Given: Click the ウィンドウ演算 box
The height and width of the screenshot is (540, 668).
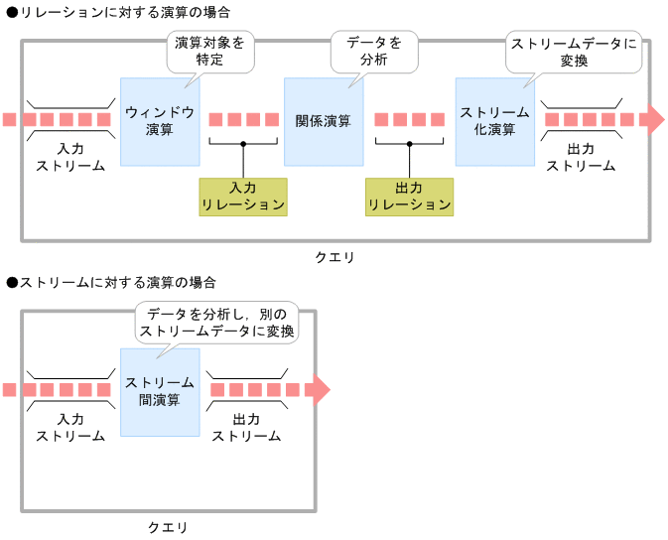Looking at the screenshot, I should click(159, 121).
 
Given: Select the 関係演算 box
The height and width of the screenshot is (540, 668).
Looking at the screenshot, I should click(323, 121).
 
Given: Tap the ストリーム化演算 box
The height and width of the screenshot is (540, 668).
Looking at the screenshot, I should click(494, 121).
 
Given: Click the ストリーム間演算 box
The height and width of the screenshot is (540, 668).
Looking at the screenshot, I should click(159, 391).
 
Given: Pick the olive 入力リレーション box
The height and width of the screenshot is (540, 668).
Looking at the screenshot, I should click(242, 197).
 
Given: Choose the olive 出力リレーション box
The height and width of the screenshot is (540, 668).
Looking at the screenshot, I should click(409, 197).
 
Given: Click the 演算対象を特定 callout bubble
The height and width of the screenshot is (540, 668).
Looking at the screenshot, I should click(209, 52).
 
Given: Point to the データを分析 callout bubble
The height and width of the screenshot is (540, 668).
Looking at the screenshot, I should click(373, 52).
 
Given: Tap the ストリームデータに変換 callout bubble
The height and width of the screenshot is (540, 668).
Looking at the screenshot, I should click(573, 52).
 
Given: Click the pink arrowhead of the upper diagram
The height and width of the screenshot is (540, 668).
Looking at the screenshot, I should click(652, 119).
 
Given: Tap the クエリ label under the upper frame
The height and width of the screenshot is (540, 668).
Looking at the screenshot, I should click(334, 257).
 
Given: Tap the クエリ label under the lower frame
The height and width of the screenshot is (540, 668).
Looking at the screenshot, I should click(168, 527).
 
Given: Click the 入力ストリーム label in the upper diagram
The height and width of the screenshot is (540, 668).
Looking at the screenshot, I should click(70, 157).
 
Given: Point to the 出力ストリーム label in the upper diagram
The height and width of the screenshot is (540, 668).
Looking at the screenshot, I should click(581, 157).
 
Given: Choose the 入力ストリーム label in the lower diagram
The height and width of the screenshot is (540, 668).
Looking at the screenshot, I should click(70, 427).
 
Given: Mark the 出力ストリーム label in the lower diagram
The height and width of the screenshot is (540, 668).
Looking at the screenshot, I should click(246, 427).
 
